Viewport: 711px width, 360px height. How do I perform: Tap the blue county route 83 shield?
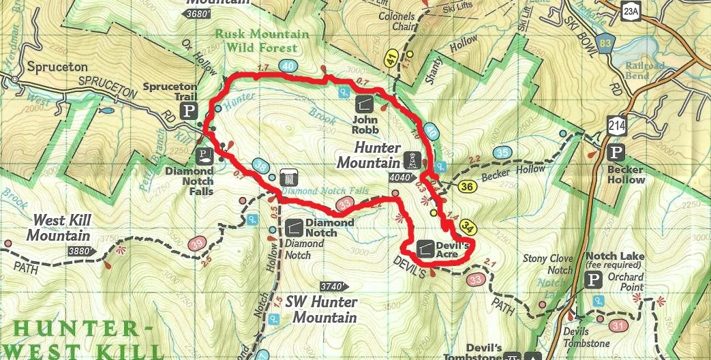[x=604, y=44]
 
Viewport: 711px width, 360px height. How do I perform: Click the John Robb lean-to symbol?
[x=364, y=104]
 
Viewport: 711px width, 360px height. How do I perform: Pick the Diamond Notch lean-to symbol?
[x=295, y=225]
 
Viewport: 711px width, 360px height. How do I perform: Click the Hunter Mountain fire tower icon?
[x=412, y=160]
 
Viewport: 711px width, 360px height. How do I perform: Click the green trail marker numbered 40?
[x=288, y=66]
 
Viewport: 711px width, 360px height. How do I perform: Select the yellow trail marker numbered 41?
[x=391, y=57]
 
